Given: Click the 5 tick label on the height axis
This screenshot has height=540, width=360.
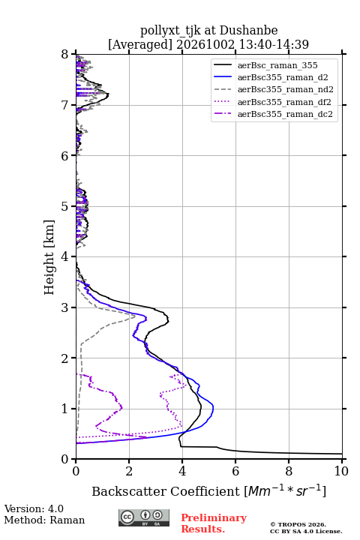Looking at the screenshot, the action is (x=65, y=206).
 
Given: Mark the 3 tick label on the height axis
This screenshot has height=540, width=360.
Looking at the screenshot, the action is (x=65, y=307).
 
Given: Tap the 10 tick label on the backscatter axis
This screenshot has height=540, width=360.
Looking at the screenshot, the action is (x=341, y=471).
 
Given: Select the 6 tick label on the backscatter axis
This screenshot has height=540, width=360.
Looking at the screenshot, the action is (x=235, y=471).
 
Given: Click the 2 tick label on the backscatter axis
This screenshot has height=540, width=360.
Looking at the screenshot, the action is (x=129, y=471).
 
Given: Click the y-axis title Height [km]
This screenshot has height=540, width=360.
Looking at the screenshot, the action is (x=49, y=257).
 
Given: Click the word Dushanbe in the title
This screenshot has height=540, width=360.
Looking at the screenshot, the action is (x=248, y=31).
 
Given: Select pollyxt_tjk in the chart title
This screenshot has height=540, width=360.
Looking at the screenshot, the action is (x=170, y=31).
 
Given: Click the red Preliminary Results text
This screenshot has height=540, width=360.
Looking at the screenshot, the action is (x=214, y=523).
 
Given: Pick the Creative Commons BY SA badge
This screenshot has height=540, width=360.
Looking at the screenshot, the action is (x=144, y=517).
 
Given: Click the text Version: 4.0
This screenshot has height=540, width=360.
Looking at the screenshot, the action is (x=34, y=508).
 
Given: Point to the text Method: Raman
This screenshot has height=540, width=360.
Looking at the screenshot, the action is (x=44, y=520).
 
